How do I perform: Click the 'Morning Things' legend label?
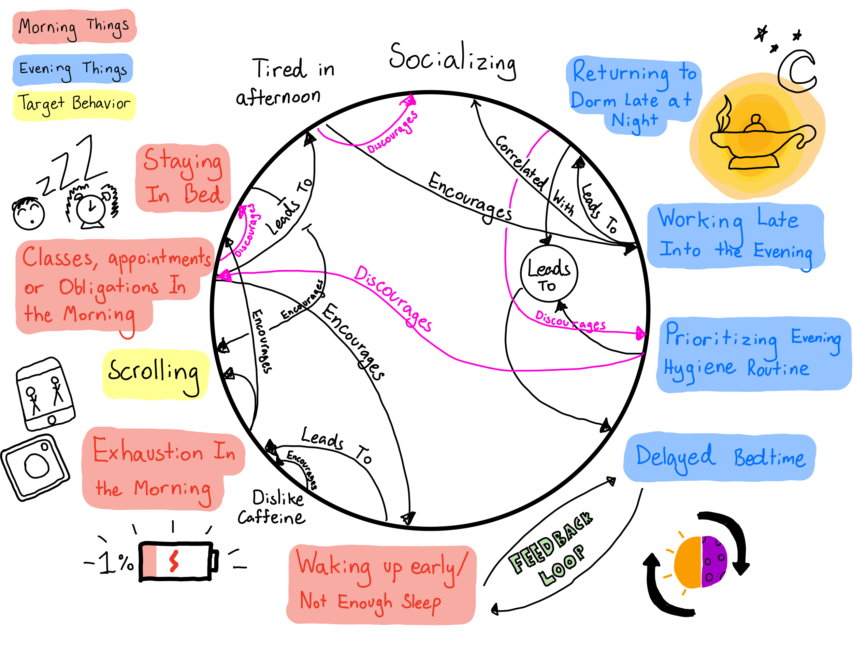[x=73, y=26]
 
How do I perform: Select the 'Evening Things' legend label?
[x=72, y=69]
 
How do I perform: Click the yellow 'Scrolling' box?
[x=155, y=374]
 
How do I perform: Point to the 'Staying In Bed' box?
[x=183, y=178]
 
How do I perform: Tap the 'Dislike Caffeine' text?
[x=273, y=507]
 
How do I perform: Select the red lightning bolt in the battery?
[x=174, y=561]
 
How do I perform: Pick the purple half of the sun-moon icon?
[x=714, y=561]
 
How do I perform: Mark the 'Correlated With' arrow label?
[x=534, y=174]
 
